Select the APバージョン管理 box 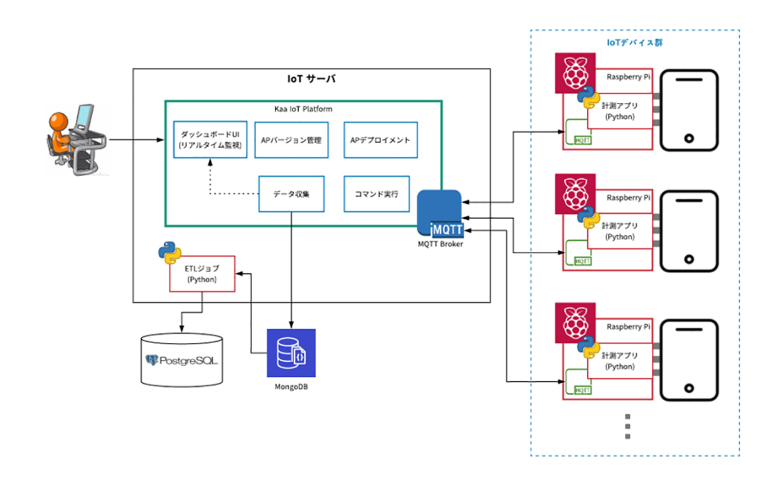click(x=291, y=140)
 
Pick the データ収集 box click(x=291, y=194)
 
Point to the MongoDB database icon click(x=290, y=352)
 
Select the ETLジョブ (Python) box click(x=202, y=274)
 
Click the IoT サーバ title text click(x=311, y=80)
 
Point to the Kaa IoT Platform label click(x=303, y=109)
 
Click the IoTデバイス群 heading click(x=635, y=43)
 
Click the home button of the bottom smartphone click(x=688, y=389)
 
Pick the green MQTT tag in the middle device click(x=583, y=260)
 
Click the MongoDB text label click(x=291, y=387)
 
